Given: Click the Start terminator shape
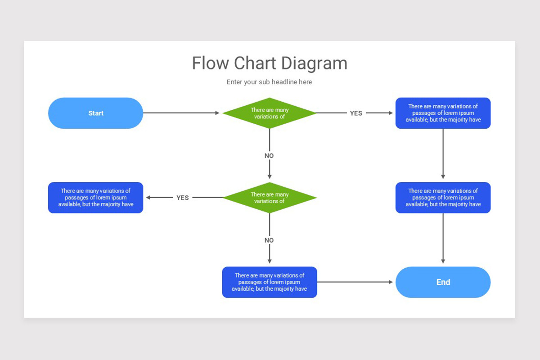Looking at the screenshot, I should [95, 113].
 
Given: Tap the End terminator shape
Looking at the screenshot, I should [443, 282].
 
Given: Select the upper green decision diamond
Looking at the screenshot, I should [270, 113].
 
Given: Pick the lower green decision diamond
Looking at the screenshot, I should [270, 198].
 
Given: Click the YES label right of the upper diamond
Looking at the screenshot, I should [356, 113].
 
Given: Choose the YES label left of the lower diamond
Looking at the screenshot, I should [183, 198].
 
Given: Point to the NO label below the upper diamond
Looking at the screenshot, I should [269, 156].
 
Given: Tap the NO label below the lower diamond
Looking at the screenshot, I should [269, 240].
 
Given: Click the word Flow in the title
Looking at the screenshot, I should [211, 63].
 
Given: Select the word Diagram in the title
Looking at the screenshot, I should [318, 63].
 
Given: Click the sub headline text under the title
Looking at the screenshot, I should [269, 82].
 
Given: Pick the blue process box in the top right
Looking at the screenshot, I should [443, 113].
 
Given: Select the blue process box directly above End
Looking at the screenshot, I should [443, 198].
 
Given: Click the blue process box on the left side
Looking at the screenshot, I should [95, 198].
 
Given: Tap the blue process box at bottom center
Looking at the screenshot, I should [270, 282].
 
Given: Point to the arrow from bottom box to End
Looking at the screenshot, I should [355, 282].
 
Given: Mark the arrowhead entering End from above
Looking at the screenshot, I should [443, 261].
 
